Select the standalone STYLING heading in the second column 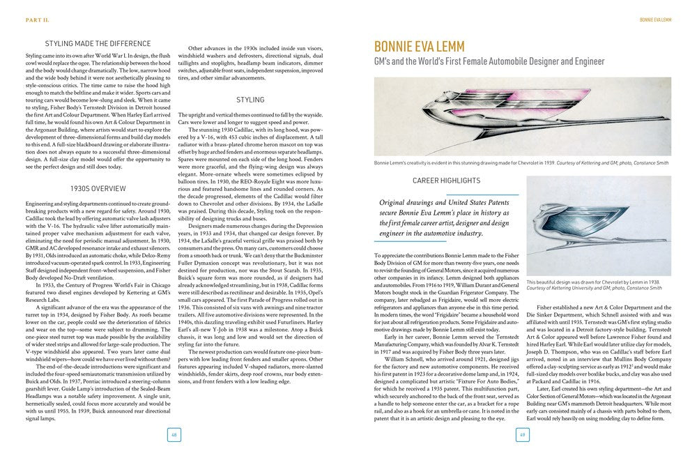click(250, 100)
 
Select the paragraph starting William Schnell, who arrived click(446, 363)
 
